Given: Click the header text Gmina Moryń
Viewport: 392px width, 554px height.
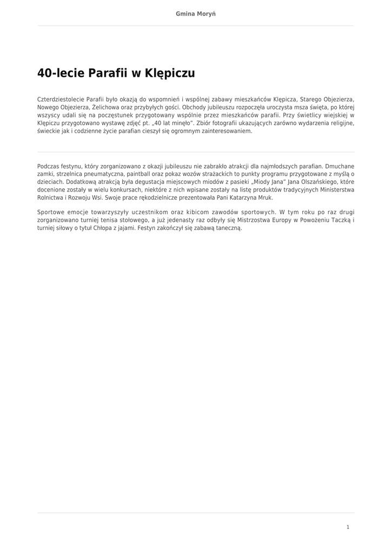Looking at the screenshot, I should (x=196, y=14).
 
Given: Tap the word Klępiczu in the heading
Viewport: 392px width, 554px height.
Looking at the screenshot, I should (x=170, y=74).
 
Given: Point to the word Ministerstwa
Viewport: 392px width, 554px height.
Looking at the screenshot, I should (x=337, y=190).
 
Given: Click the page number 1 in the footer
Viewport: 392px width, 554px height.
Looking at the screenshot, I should (x=348, y=527).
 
